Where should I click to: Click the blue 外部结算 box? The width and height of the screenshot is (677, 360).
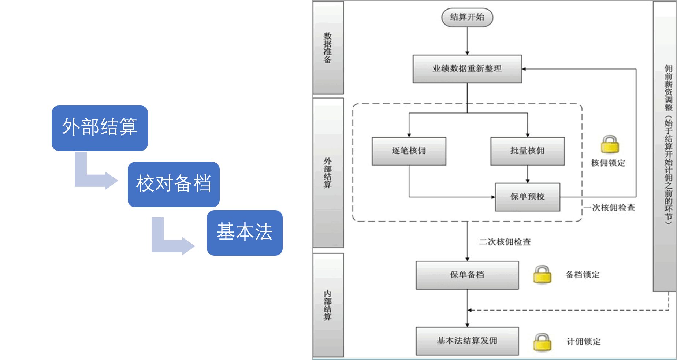tap(100, 128)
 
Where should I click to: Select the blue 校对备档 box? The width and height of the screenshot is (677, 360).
tap(174, 184)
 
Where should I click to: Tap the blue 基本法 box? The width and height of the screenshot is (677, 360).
tap(245, 233)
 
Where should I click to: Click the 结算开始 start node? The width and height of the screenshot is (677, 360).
tap(467, 17)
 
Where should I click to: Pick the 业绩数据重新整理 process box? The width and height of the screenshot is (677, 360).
tap(467, 69)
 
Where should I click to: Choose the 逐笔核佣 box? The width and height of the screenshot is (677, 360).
tap(409, 151)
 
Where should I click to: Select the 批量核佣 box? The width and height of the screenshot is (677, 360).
tap(527, 151)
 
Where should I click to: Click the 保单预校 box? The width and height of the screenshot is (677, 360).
tap(527, 197)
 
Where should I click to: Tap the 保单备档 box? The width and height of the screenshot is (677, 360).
tap(467, 275)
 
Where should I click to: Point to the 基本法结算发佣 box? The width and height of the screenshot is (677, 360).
tap(467, 341)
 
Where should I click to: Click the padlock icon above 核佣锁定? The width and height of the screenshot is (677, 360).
tap(610, 145)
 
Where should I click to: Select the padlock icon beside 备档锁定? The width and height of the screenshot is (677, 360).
tap(542, 275)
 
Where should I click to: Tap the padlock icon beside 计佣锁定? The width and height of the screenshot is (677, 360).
tap(542, 342)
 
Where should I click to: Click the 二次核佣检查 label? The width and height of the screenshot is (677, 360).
tap(505, 242)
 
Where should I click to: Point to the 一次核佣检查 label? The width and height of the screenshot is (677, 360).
tap(610, 208)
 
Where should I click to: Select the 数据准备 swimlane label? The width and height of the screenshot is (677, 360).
tap(328, 48)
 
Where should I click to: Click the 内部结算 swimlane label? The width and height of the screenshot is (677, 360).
tap(328, 305)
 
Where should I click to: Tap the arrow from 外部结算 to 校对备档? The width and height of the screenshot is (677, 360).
tap(93, 174)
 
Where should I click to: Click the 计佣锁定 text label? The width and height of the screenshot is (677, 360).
tap(584, 342)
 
